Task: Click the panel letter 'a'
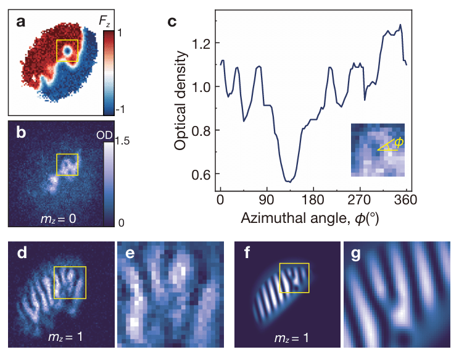point(21,22)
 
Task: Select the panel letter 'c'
point(172,22)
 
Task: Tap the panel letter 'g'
point(355,255)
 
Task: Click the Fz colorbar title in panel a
point(105,21)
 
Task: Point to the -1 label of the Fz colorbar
point(120,109)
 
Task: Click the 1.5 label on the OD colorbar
point(122,141)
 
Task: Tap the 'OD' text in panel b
point(104,135)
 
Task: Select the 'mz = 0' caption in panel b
point(59,219)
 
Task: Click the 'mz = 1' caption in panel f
point(292,338)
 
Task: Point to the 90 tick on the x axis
point(267,200)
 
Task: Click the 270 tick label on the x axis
point(360,200)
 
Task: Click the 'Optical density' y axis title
point(180,100)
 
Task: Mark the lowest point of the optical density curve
point(289,182)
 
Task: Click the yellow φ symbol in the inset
point(399,143)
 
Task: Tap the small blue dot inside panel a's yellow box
point(68,51)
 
